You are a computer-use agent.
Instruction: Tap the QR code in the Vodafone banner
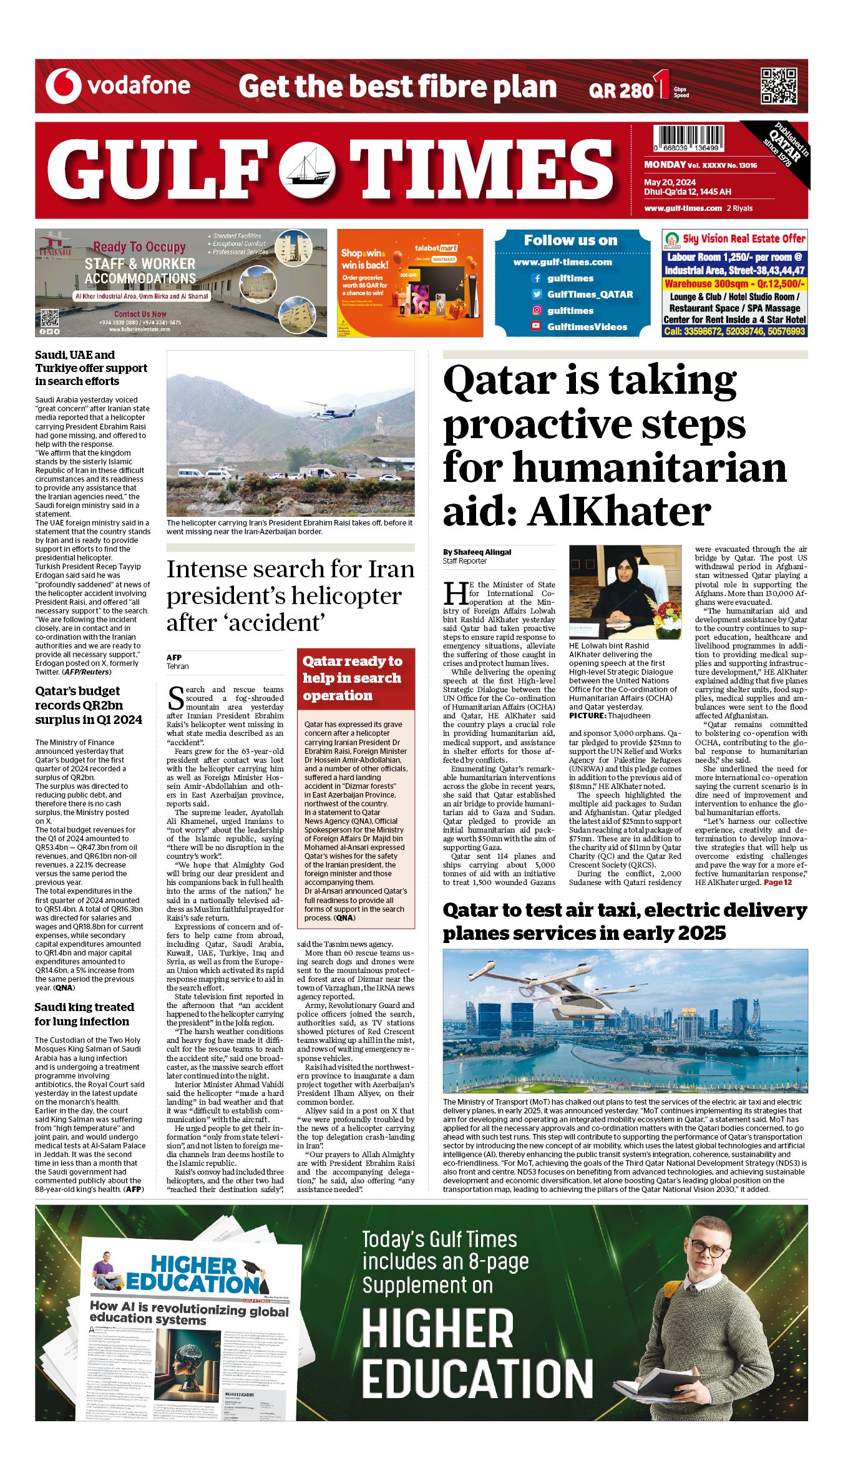point(778,86)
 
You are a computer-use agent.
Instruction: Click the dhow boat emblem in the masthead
point(307,170)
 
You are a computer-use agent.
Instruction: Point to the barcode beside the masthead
point(689,139)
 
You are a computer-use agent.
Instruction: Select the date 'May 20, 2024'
point(670,183)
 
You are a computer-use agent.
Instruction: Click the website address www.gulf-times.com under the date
point(683,208)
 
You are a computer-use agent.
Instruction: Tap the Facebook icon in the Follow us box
point(536,278)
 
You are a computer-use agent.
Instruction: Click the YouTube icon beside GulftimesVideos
point(536,326)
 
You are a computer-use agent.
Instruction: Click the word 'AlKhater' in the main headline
point(619,513)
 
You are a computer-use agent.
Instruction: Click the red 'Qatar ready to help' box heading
point(353,678)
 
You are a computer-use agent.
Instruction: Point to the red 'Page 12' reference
point(777,882)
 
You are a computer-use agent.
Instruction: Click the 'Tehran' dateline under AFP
point(177,667)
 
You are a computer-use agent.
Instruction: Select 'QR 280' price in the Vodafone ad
point(620,91)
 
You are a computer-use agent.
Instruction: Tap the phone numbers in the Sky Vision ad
point(734,331)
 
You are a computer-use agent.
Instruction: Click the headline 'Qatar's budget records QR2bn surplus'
point(88,705)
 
